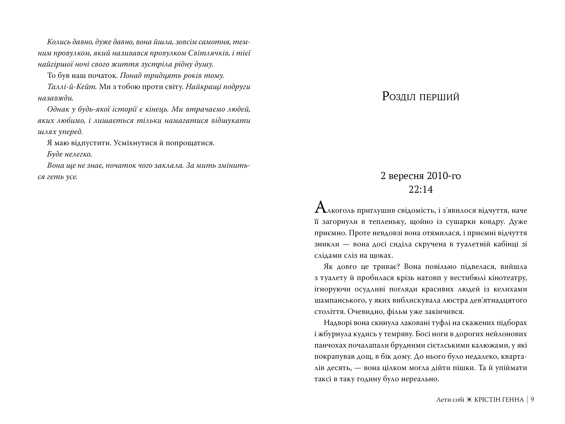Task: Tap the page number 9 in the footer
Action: [x=532, y=399]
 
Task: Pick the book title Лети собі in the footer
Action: [x=450, y=399]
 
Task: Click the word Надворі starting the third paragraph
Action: [x=338, y=323]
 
